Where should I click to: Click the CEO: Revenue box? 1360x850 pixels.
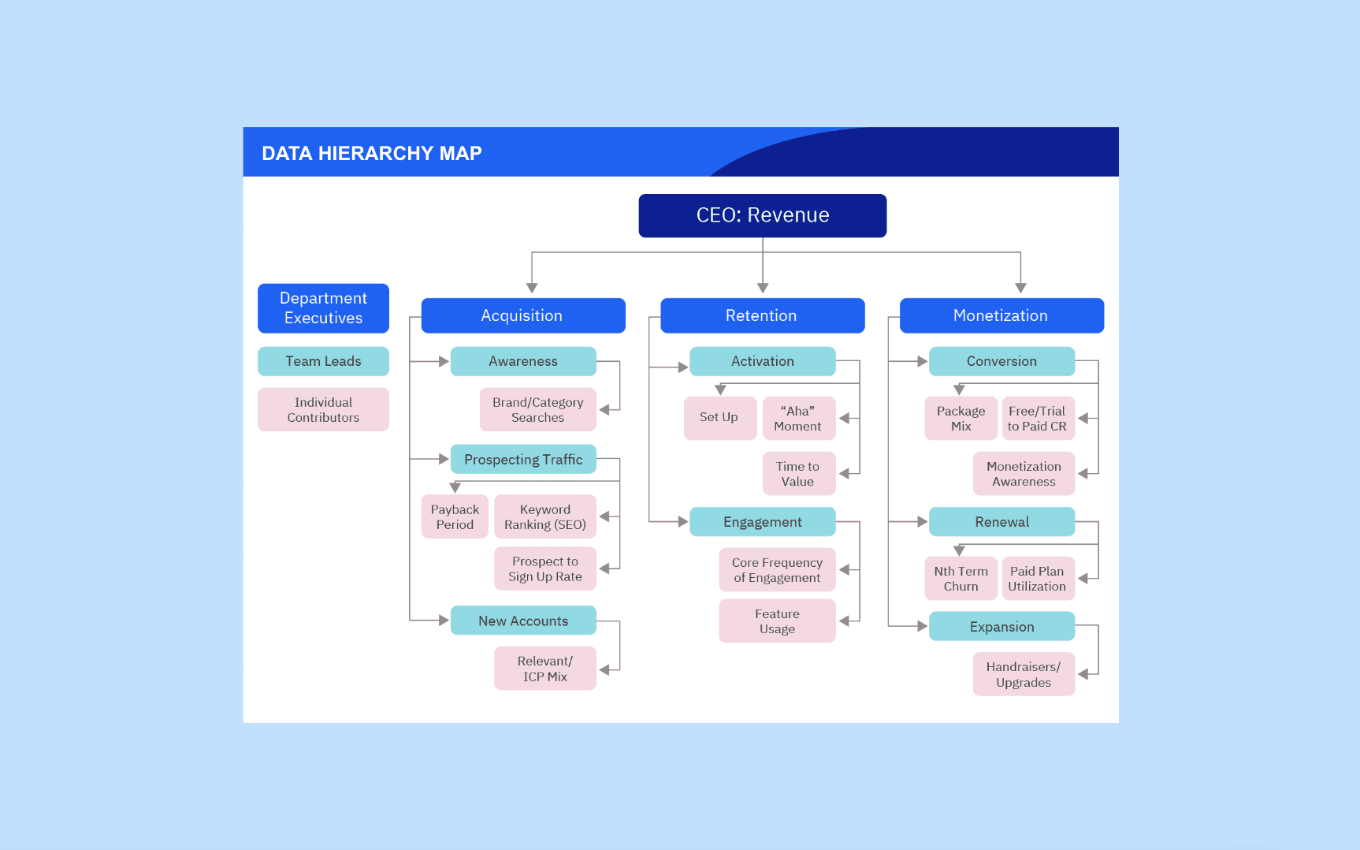[x=762, y=215]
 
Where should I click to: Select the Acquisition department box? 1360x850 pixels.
[x=522, y=315]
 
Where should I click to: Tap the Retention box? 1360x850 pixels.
[x=762, y=315]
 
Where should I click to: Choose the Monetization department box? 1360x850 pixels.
[x=1001, y=315]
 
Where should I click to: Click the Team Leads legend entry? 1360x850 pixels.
[x=323, y=361]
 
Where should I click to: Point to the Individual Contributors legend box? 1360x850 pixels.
[x=323, y=409]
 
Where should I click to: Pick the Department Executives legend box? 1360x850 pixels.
[x=323, y=308]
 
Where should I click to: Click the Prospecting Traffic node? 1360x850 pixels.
[x=523, y=459]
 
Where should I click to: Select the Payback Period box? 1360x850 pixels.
[x=455, y=516]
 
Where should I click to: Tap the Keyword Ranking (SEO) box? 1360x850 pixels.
[x=544, y=516]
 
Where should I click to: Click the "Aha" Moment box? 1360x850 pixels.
[x=797, y=418]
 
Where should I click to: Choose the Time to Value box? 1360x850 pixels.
[x=797, y=473]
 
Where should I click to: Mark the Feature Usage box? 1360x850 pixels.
[x=777, y=621]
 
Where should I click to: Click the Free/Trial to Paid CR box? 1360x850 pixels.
[x=1037, y=418]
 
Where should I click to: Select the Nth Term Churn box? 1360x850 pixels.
[x=961, y=578]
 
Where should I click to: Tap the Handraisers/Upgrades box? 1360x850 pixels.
[x=1023, y=674]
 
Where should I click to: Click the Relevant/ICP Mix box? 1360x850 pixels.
[x=544, y=668]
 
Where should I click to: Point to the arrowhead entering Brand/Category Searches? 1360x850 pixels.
[x=605, y=410]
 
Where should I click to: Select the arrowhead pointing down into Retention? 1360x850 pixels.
[x=762, y=289]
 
